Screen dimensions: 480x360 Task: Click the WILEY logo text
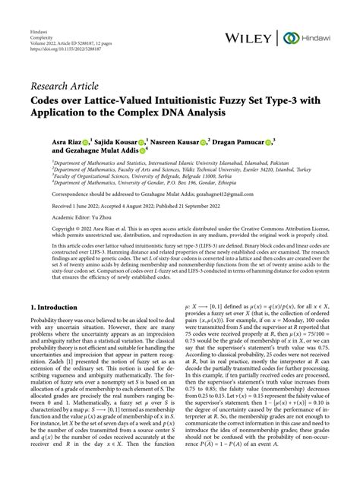(x=254, y=37)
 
